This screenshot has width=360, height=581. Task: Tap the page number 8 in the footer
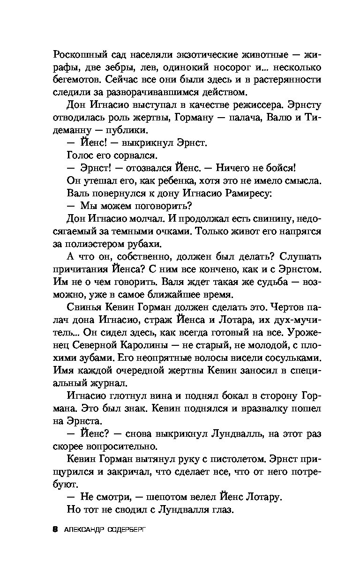click(55, 529)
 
